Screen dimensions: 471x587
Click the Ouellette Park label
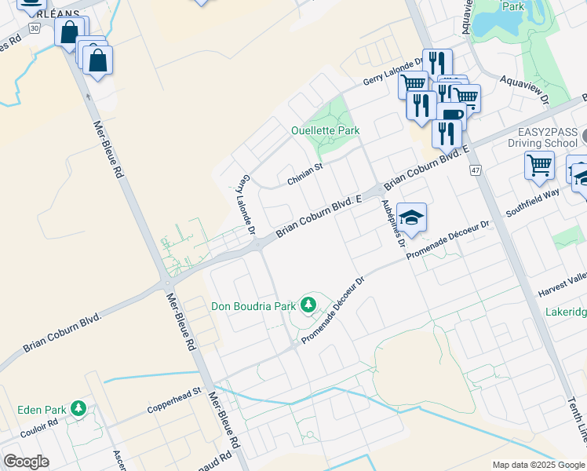325,130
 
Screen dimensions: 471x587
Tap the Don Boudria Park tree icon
309,304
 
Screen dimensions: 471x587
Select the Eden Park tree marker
78,408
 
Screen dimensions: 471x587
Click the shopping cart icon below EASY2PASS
539,166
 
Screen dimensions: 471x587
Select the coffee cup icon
451,115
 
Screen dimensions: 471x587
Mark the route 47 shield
476,170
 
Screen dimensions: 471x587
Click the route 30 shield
34,27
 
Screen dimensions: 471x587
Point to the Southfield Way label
533,203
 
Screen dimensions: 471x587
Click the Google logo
26,462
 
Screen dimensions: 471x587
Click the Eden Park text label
42,409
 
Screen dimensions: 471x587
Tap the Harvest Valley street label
562,287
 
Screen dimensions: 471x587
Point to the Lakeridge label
566,312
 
